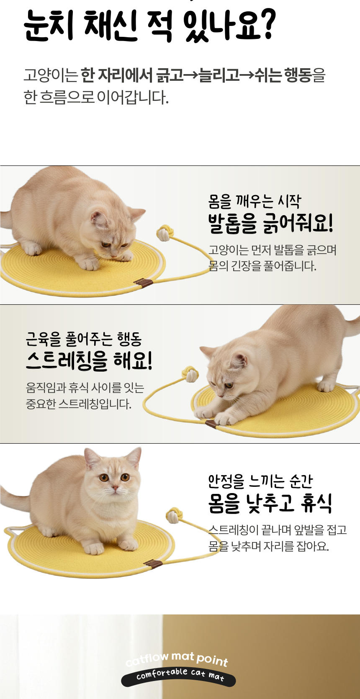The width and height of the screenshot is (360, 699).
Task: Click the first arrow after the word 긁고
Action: click(x=191, y=76)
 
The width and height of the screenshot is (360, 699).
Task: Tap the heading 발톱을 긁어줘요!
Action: click(x=270, y=223)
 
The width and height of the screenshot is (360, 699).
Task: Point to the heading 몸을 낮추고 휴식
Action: click(x=270, y=503)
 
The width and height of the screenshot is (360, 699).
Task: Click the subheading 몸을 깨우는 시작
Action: click(x=255, y=201)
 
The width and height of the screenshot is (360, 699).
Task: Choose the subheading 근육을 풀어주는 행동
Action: click(x=84, y=339)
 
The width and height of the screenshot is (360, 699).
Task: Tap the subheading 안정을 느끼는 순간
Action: click(x=260, y=481)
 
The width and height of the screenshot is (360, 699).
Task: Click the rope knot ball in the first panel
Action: click(x=164, y=233)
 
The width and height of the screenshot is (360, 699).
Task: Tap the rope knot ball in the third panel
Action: click(x=173, y=516)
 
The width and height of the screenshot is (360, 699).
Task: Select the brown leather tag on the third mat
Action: click(x=153, y=564)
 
